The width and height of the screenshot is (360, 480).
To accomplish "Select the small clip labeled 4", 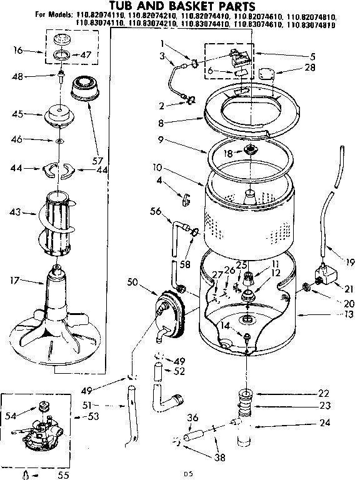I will (x=185, y=199).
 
